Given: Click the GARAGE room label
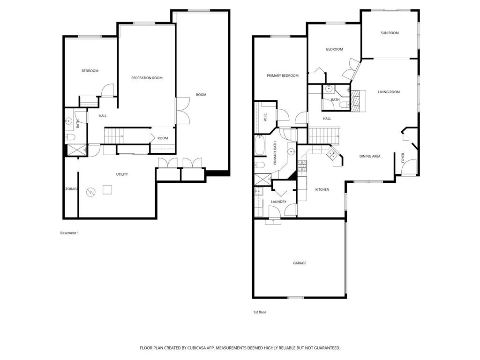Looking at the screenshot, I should coord(300,263).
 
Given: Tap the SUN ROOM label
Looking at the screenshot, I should coord(390,33).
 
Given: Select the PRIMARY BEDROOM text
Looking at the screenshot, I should coord(283,75).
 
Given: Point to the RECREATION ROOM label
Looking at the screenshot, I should coord(147,78).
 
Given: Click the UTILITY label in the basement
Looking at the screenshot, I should coord(122,174).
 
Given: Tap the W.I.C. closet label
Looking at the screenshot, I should coord(265,119).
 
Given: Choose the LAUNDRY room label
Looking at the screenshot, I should coord(278,202).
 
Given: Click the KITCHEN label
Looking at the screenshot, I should coord(322,189).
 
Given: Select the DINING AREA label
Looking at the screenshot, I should coord(370,156).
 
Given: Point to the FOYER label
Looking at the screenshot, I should coord(403,158).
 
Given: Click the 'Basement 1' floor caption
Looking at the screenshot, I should coord(69,233).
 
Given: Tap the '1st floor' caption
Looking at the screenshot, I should coord(260,312).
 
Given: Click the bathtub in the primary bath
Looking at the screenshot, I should coord(260,146).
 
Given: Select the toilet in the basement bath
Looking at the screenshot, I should coord(70,137).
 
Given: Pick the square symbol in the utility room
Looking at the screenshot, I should coord(108,189).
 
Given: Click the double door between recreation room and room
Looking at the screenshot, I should coord(182,111).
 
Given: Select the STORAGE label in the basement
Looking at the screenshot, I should coord(71,189).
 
